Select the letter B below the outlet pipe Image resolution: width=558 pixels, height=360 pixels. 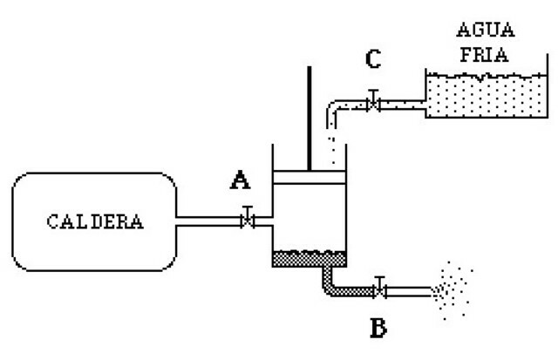point(377,329)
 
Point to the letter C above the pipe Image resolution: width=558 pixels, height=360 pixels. point(372,60)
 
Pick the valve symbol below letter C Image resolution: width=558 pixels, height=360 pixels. point(372,103)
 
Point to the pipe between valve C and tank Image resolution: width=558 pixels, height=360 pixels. point(401,105)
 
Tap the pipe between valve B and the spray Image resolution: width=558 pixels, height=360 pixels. point(410,290)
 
